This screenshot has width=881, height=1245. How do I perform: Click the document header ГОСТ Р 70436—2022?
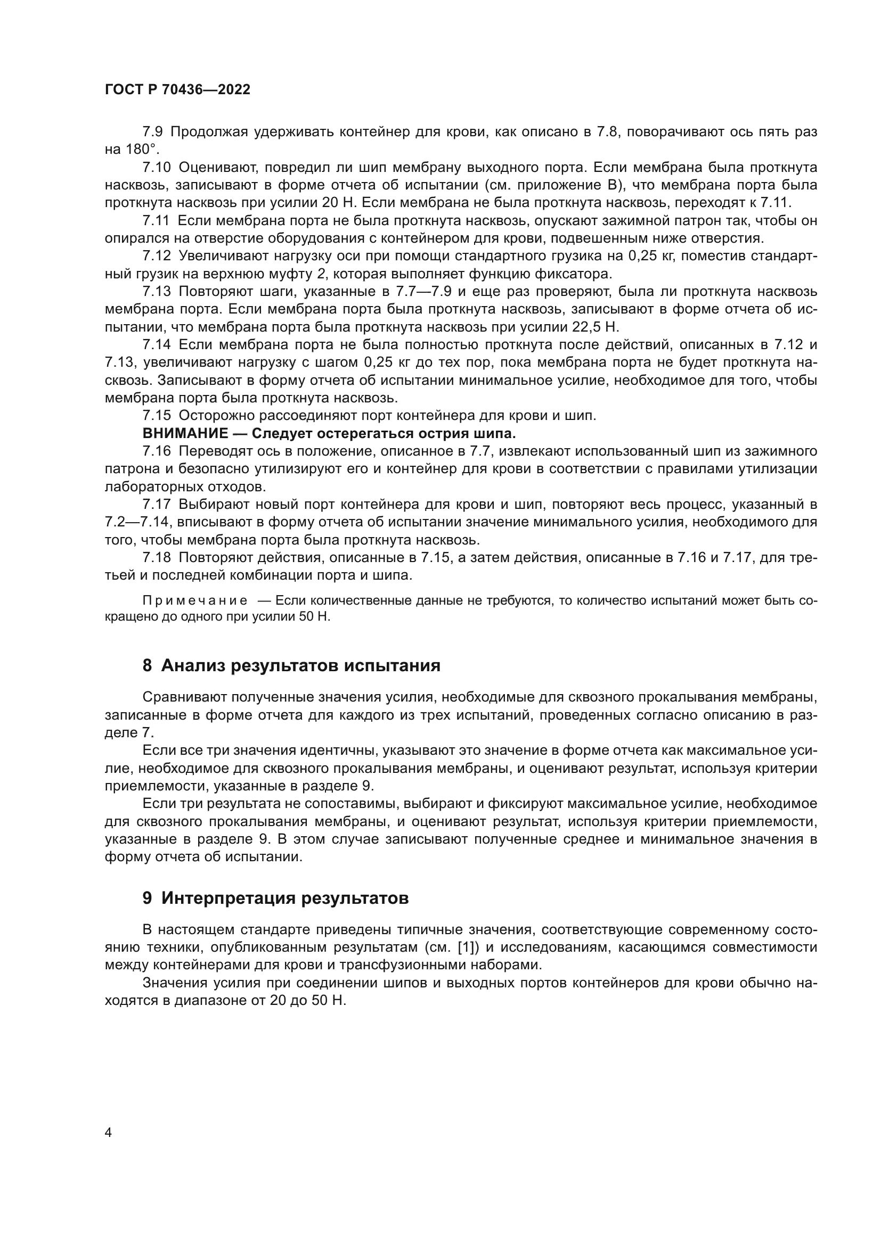(177, 90)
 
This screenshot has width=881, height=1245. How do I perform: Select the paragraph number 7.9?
(156, 132)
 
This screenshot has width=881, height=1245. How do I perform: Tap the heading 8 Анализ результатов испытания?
(291, 665)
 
